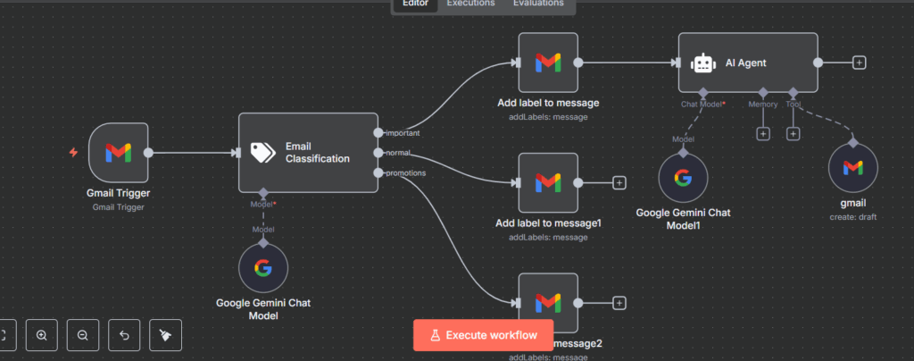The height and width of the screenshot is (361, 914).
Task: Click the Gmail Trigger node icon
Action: click(119, 153)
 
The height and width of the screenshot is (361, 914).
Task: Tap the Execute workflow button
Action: click(483, 335)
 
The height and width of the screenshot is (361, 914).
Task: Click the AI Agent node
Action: click(748, 63)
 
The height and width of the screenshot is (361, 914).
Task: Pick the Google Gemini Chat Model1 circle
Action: click(683, 177)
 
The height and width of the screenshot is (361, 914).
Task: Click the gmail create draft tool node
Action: click(852, 168)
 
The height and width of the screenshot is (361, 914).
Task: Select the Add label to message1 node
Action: click(548, 182)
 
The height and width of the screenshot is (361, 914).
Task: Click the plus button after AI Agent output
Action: click(859, 63)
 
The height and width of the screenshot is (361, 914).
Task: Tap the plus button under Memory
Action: click(763, 133)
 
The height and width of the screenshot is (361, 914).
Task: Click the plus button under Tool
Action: click(793, 133)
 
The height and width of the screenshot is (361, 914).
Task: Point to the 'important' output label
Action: click(403, 133)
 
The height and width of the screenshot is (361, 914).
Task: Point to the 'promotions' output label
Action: click(405, 172)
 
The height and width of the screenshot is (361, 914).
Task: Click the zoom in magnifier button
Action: click(42, 335)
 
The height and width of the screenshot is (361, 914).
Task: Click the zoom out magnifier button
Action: click(82, 335)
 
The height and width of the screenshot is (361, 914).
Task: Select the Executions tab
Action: click(470, 4)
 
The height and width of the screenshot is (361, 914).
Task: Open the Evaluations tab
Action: click(537, 4)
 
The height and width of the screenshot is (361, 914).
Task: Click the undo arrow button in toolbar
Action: click(124, 335)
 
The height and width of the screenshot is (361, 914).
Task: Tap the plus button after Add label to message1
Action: click(619, 182)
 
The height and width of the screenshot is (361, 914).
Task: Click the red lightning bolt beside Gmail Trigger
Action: click(74, 153)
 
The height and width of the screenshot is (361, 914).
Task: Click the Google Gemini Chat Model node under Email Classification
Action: click(263, 268)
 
